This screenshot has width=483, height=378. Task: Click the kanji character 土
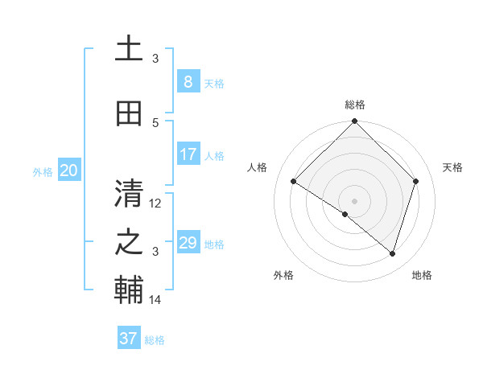click(129, 49)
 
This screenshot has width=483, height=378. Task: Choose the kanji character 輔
click(129, 292)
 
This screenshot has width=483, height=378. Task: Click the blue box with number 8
click(188, 82)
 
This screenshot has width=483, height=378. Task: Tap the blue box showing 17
click(188, 154)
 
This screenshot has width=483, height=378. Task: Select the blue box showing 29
click(188, 243)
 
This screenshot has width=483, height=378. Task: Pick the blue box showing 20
click(68, 171)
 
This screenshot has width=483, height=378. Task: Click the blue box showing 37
click(128, 339)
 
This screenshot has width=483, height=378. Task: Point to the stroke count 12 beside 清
click(155, 203)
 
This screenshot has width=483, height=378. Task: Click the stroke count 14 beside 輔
click(155, 300)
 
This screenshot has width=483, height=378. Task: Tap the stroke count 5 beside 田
click(155, 122)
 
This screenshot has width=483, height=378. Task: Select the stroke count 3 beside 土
click(155, 58)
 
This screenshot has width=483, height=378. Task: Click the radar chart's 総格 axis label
click(354, 105)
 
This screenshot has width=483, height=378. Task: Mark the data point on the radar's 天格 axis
click(416, 181)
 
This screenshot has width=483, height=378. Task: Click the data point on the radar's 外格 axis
click(345, 214)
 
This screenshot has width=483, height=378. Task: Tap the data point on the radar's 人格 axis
click(293, 182)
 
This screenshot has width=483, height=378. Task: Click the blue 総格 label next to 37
click(155, 340)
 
